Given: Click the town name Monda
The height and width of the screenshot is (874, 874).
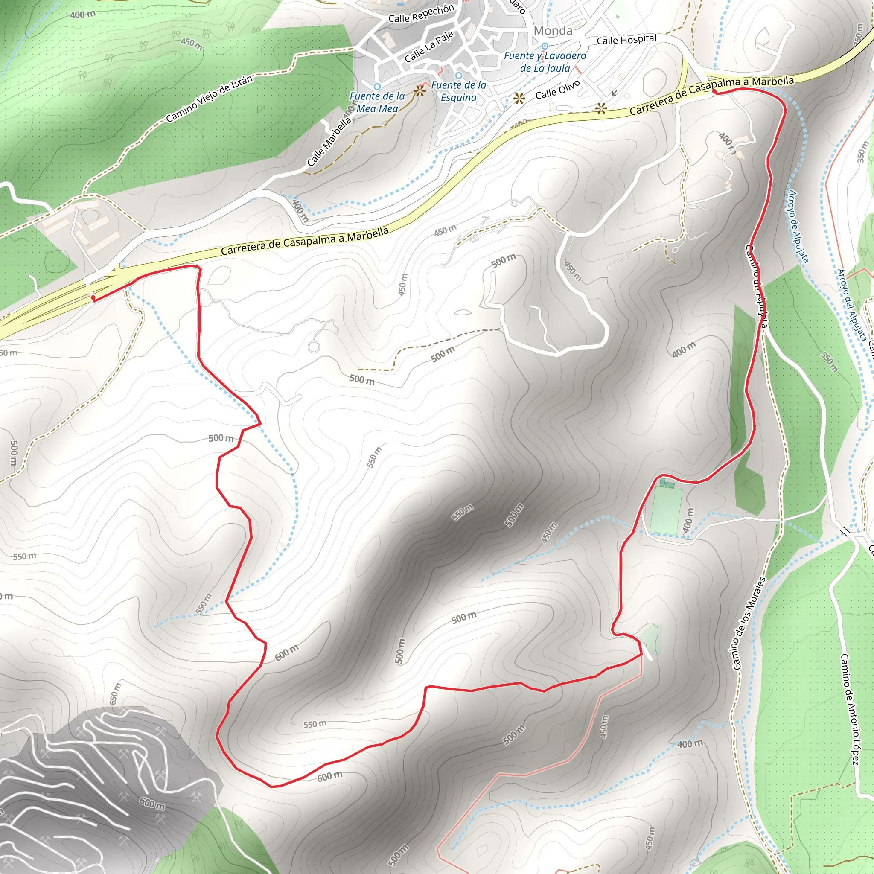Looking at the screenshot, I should tap(553, 31).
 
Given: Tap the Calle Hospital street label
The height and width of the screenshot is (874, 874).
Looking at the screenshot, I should tap(626, 40).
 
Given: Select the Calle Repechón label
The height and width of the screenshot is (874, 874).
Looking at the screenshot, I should tap(421, 14).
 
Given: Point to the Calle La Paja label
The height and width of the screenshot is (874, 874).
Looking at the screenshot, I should tap(428, 47).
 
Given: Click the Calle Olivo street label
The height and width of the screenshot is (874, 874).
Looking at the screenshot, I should tap(557, 90).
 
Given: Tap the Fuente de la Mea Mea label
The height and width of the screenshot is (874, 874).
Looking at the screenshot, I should tap(377, 102).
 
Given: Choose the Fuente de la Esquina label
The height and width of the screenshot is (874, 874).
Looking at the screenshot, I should tap(458, 91).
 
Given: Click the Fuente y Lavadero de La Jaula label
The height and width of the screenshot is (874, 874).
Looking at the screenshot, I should tap(545, 62).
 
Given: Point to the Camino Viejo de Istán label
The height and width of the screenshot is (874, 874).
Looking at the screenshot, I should tap(209, 99).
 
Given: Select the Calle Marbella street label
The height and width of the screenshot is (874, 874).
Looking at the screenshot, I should tap(329, 142).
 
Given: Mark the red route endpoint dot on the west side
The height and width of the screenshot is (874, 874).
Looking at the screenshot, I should tap(93, 298).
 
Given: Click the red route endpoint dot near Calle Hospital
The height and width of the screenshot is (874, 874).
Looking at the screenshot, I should tap(714, 92).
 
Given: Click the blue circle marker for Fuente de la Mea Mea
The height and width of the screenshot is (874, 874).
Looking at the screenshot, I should tap(377, 86).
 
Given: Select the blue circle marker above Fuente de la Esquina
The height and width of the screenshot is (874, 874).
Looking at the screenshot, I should tap(458, 76).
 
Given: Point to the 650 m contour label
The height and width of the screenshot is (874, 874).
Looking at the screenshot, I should tap(115, 693).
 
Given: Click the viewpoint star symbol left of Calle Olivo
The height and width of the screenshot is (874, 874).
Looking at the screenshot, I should tap(519, 98).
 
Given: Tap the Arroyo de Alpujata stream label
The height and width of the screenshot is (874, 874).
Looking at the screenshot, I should tap(798, 226).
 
